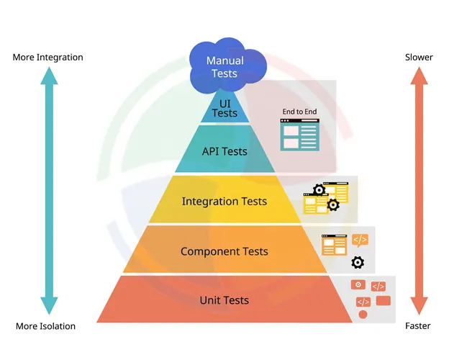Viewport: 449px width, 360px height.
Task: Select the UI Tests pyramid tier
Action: (x=224, y=109)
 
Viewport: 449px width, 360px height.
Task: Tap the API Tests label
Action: (x=224, y=151)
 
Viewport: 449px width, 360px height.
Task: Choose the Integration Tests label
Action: (x=224, y=202)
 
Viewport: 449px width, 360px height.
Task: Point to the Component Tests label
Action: (x=224, y=251)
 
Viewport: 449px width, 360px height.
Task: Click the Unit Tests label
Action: (x=224, y=300)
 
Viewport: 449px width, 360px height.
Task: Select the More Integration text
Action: (x=47, y=57)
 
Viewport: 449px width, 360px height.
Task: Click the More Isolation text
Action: (x=45, y=326)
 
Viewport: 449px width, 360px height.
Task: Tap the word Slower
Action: (x=419, y=57)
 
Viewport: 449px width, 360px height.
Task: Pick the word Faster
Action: (x=418, y=326)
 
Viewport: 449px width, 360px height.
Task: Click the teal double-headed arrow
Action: (x=47, y=191)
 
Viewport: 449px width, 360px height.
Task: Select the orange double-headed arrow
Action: (x=419, y=191)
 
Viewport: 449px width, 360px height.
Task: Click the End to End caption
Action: (x=299, y=112)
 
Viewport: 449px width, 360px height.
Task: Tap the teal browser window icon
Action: (x=299, y=135)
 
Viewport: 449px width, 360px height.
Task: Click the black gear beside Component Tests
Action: (x=358, y=262)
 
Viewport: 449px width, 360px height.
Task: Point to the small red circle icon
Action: (x=363, y=315)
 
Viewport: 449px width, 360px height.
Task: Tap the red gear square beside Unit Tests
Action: (x=358, y=285)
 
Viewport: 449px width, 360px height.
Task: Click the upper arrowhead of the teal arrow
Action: (x=47, y=78)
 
